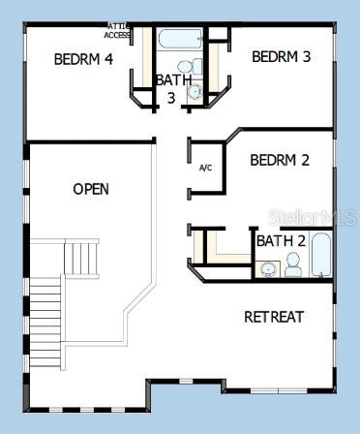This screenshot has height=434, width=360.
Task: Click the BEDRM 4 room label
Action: click(83, 59)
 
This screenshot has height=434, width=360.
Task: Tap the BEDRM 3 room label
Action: click(281, 57)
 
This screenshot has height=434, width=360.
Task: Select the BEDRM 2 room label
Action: click(279, 160)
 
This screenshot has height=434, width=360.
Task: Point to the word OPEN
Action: click(91, 189)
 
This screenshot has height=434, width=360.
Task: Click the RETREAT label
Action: click(274, 317)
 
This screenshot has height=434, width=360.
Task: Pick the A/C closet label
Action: click(205, 168)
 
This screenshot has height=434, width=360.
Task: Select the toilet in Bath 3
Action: click(197, 67)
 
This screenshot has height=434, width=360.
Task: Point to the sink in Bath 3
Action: click(194, 93)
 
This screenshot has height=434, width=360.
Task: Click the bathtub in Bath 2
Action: click(322, 255)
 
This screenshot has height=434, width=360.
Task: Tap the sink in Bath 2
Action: click(267, 268)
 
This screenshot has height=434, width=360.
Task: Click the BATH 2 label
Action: click(281, 240)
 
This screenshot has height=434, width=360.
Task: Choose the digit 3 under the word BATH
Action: click(170, 97)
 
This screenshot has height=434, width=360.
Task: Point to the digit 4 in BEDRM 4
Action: click(108, 59)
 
